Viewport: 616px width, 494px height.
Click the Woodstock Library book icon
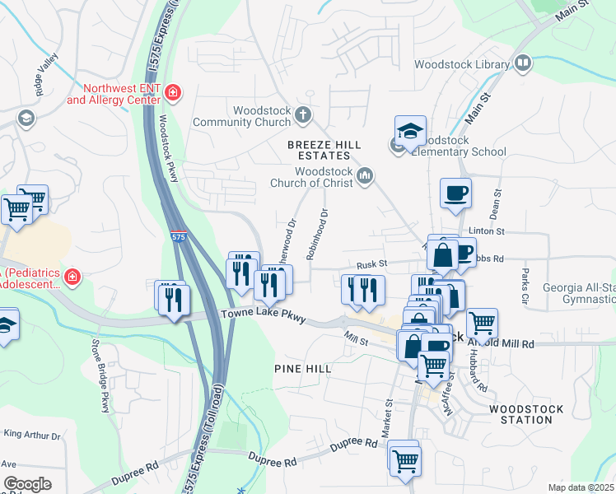[x=523, y=63]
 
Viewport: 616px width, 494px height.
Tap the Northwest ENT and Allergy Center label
[x=111, y=93]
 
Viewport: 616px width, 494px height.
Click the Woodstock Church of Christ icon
[x=365, y=176]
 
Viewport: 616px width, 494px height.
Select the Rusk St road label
[x=371, y=264]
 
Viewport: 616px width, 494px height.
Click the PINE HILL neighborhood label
[x=302, y=369]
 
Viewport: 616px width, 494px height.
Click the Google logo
[x=26, y=483]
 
